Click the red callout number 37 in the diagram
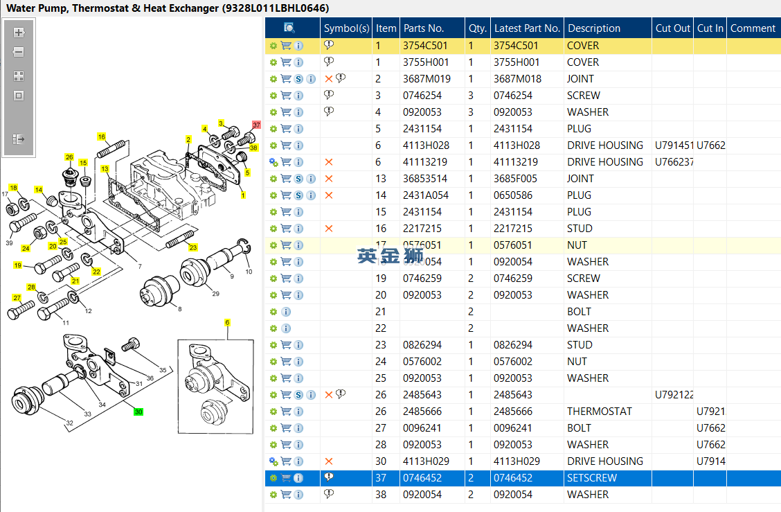point(256,125)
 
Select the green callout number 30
point(138,412)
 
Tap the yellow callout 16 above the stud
point(101,137)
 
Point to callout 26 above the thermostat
point(69,157)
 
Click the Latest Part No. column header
point(526,28)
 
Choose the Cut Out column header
point(672,28)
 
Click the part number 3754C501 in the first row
point(425,46)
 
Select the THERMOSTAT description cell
point(599,412)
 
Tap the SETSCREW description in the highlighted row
point(591,478)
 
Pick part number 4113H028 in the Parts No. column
point(426,145)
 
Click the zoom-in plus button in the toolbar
point(19,33)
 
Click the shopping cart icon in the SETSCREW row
point(286,478)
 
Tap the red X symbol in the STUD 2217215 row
point(329,229)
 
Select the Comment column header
point(753,28)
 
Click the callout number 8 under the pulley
point(180,309)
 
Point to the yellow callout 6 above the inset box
point(227,323)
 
